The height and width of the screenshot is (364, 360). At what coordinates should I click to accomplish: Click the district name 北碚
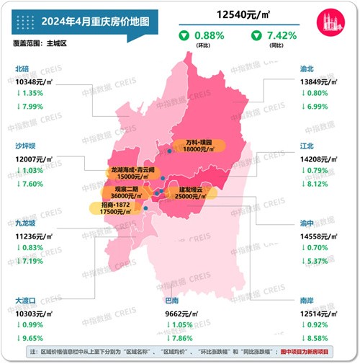point(23,69)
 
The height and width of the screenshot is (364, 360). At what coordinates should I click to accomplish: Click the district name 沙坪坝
point(27,145)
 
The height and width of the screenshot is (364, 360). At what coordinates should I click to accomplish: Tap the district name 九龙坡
point(27,223)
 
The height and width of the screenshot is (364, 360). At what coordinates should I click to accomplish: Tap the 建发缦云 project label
point(185,192)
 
